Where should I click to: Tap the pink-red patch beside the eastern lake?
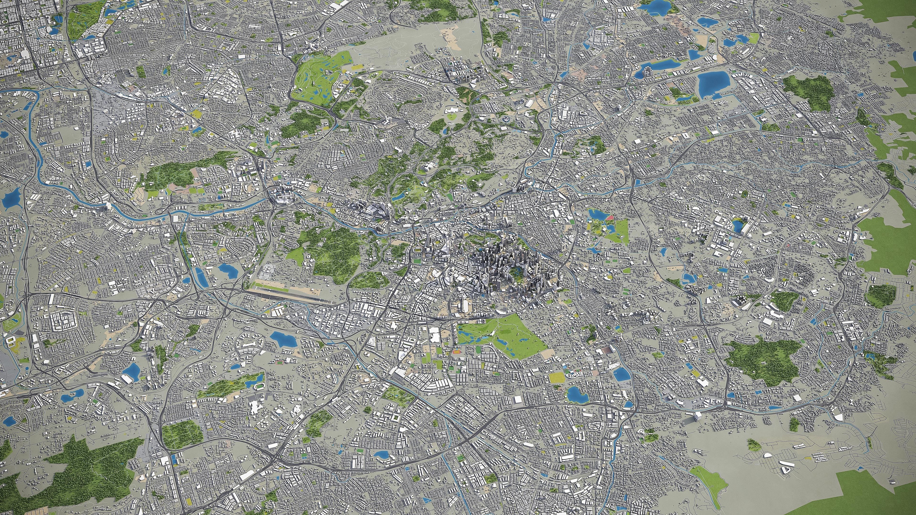point(610,217)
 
